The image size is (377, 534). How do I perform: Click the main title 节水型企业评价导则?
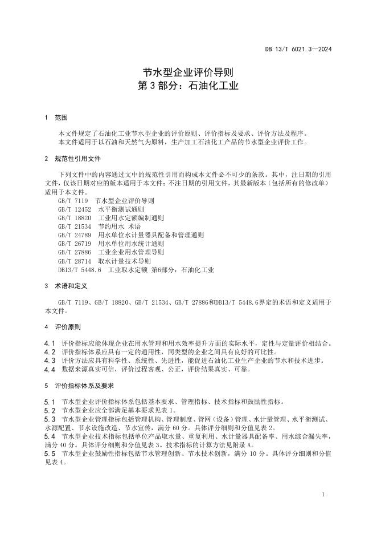click(188, 73)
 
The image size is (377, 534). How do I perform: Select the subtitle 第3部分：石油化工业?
click(188, 87)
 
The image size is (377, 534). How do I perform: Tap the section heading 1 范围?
click(56, 118)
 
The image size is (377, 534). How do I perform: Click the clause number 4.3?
click(50, 361)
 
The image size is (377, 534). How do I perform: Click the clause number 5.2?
click(50, 410)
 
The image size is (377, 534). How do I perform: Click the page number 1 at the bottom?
click(323, 495)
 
